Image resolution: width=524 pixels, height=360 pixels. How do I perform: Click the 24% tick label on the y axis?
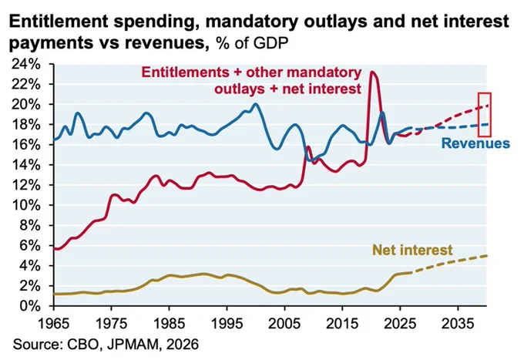pos(25,64)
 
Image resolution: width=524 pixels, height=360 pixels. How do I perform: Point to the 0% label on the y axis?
pos(30,306)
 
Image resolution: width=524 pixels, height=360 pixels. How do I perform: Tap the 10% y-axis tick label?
pos(25,205)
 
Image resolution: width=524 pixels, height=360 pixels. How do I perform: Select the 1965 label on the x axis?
pos(54,324)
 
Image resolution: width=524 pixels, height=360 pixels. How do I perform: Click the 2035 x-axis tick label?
pos(458,324)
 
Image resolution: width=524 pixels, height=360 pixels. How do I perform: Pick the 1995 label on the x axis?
pos(227,324)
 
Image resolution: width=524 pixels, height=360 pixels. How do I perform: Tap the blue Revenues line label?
pos(475,143)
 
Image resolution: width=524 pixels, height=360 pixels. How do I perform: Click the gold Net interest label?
pos(412,250)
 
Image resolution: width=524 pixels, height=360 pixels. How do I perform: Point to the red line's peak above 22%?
pos(372,72)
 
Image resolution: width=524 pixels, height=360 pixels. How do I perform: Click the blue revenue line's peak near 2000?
pos(256,103)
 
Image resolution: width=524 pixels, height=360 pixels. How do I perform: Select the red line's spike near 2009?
pos(307,146)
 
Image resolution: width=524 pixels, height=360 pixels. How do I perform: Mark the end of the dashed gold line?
pos(487,256)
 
